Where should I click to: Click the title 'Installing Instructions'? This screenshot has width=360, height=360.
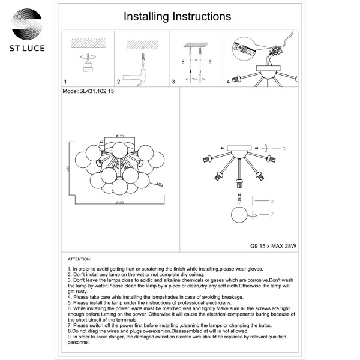(177, 17)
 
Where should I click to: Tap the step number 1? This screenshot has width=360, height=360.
(65, 81)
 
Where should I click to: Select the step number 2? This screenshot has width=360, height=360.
(119, 81)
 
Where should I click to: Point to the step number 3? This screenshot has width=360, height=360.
(173, 81)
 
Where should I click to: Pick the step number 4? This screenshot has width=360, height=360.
(228, 81)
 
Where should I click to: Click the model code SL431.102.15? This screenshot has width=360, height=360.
(88, 93)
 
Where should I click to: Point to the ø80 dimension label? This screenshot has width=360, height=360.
(160, 184)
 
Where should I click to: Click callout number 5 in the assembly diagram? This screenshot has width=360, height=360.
(285, 147)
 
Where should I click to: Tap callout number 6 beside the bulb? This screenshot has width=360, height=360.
(272, 201)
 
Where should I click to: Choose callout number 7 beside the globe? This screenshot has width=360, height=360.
(272, 214)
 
